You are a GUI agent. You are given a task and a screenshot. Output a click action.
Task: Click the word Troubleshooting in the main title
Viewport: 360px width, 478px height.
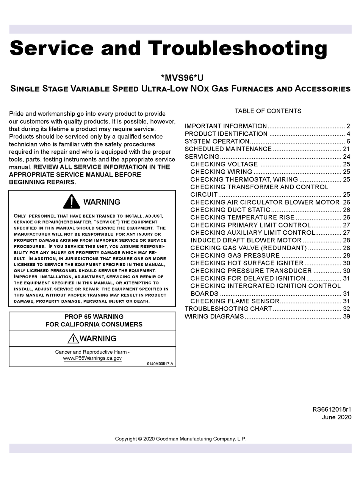point(237,49)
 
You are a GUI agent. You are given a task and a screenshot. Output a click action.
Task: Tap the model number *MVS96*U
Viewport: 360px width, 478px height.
point(182,78)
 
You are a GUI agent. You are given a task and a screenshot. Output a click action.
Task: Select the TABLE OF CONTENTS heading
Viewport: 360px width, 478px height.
point(268,111)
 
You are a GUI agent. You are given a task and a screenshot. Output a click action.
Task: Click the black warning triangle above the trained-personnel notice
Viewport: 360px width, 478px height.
point(71,202)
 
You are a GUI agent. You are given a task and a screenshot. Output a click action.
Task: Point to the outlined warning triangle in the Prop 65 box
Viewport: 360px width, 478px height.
point(73,339)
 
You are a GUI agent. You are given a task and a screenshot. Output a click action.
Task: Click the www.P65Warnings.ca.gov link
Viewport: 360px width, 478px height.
point(92,358)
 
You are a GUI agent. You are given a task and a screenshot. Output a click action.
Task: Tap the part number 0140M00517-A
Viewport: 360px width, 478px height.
point(160,364)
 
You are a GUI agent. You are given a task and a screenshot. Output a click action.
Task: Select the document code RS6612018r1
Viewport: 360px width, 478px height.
point(332,410)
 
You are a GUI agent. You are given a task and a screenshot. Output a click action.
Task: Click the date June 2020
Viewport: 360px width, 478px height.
point(337,417)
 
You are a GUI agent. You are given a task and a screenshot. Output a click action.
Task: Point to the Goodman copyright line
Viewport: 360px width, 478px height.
point(180,439)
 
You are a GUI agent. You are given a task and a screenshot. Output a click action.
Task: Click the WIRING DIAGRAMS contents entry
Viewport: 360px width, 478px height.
point(214,317)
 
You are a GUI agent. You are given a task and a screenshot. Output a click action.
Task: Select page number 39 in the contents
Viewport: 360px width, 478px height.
point(346,317)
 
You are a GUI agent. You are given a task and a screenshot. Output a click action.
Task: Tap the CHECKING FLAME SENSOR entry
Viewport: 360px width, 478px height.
point(235,301)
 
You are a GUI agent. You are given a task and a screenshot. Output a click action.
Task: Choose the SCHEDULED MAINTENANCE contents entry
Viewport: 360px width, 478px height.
point(228,149)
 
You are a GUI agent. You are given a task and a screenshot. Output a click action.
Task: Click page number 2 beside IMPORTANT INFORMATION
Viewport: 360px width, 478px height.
point(348,126)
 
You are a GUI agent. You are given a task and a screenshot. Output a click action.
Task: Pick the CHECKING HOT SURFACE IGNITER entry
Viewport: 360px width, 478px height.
point(247,263)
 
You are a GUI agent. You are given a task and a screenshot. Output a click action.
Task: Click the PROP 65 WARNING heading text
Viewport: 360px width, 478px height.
point(94,317)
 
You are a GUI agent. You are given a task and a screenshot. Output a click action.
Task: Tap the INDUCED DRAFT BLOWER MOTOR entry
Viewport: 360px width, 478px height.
point(246,240)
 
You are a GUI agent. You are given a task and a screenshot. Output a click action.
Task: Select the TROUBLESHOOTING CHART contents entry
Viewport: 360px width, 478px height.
point(228,309)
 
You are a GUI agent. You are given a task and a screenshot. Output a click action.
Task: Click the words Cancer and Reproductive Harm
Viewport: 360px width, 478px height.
point(92,352)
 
